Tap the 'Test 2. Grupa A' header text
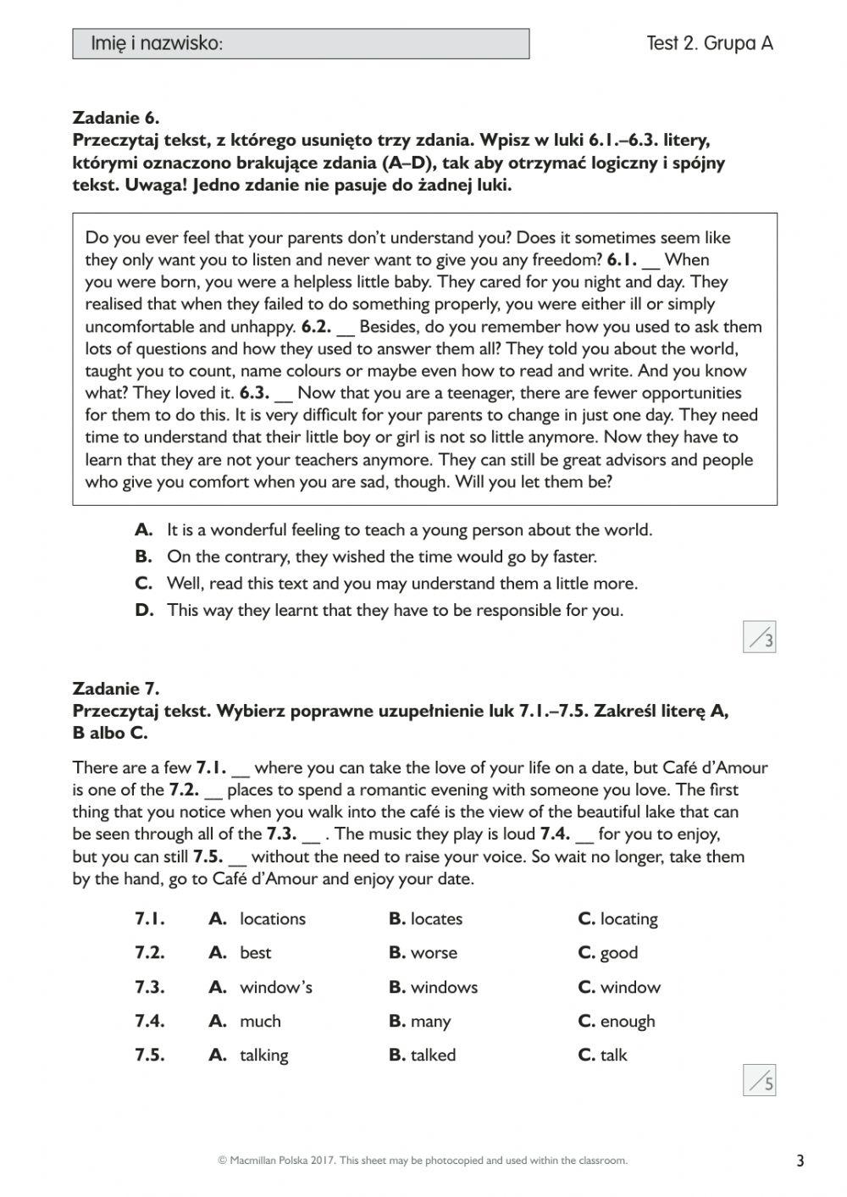[x=709, y=43]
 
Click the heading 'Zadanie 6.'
[x=116, y=118]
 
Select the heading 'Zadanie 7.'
[x=116, y=688]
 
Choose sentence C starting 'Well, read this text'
[x=401, y=583]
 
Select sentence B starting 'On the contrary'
[x=381, y=557]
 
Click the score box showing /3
[x=760, y=637]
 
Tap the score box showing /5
[x=760, y=1080]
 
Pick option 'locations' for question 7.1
[x=272, y=919]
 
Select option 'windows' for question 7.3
[x=443, y=988]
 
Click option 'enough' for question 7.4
[x=627, y=1022]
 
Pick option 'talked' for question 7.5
[x=433, y=1056]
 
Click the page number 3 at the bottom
[x=800, y=1161]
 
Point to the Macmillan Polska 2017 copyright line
[x=423, y=1161]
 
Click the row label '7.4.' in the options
[x=150, y=1022]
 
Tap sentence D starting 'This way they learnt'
[x=394, y=610]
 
